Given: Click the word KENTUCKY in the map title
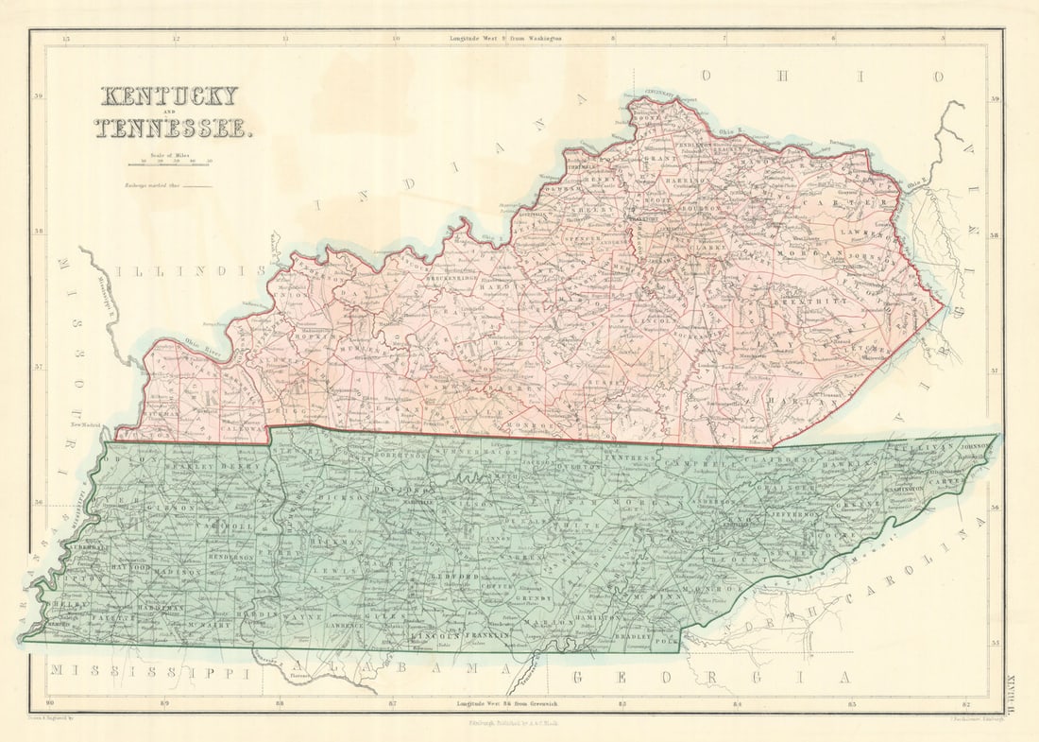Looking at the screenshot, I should pyautogui.click(x=169, y=96).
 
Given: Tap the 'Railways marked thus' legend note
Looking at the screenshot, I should pyautogui.click(x=167, y=186).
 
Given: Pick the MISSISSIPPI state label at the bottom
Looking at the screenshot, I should pyautogui.click(x=151, y=672).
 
